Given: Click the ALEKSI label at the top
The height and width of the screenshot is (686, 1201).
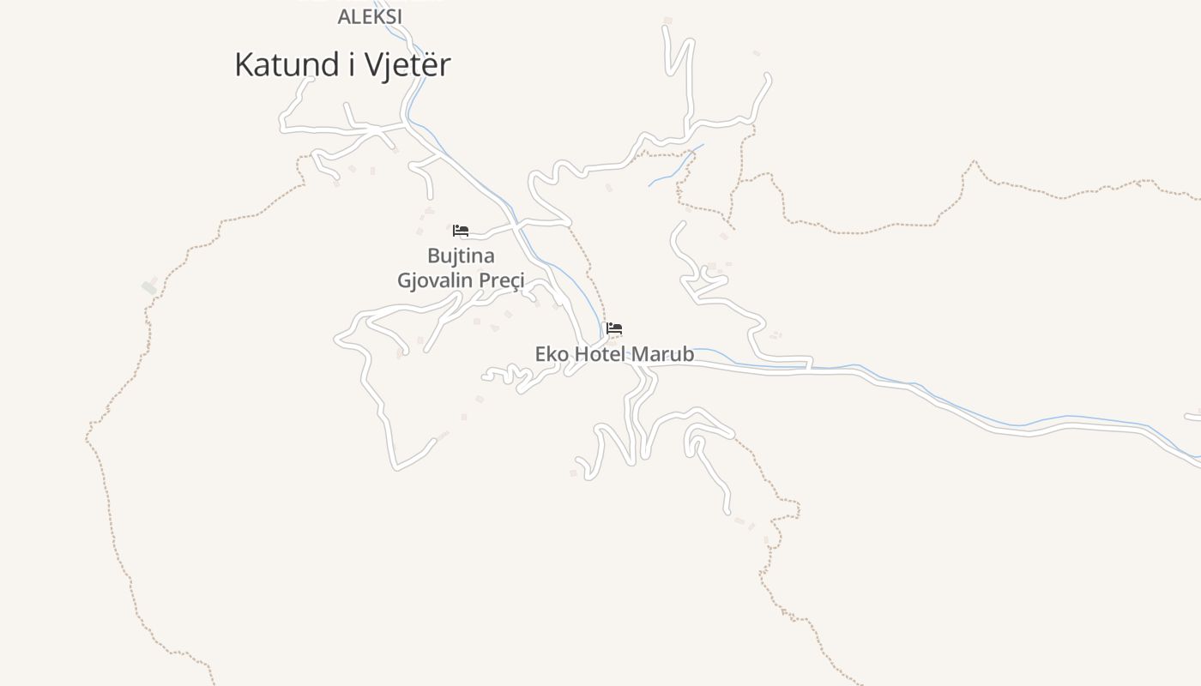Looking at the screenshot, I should tap(370, 16).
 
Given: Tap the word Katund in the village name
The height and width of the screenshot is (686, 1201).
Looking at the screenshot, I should tap(285, 65).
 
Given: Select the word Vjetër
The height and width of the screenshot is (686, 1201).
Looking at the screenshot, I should tap(407, 65).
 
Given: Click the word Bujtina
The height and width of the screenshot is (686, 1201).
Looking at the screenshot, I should tap(461, 256).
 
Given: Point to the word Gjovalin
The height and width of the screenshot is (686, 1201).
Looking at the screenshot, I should tap(435, 280).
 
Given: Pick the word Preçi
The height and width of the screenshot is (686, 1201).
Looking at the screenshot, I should tap(501, 280).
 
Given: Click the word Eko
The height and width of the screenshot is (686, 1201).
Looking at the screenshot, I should tap(552, 354).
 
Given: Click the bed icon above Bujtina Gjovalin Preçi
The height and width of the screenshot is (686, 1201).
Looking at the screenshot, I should tap(461, 231).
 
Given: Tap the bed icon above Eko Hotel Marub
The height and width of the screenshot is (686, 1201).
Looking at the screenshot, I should tap(614, 328).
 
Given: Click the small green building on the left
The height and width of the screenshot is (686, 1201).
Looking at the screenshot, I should tap(149, 287).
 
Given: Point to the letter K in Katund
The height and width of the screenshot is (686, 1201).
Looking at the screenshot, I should tap(244, 65).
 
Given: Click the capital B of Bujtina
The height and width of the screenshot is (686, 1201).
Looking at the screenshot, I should tap(433, 256).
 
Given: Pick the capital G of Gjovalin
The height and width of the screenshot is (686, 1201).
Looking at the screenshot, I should tap(404, 280).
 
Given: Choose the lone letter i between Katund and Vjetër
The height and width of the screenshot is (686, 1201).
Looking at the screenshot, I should tap(352, 65).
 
